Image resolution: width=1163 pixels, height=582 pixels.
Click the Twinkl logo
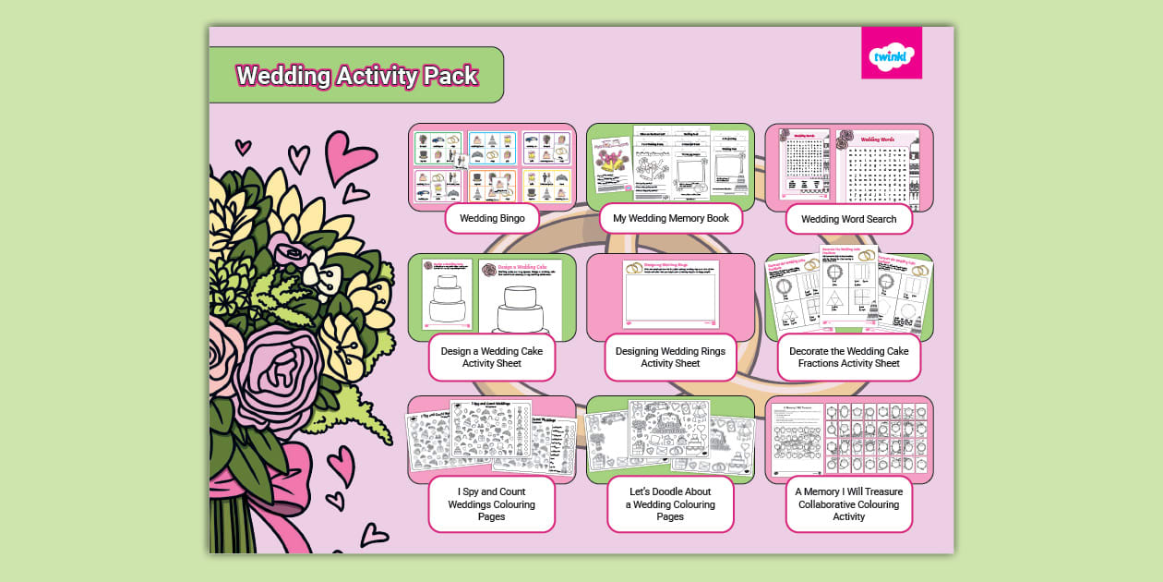coord(891,54)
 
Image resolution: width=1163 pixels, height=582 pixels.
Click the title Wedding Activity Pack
coord(357,76)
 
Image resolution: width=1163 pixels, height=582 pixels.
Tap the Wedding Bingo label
coord(492,219)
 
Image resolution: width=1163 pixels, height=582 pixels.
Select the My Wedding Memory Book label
coord(671,219)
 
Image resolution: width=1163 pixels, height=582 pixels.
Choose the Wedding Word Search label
coord(849,220)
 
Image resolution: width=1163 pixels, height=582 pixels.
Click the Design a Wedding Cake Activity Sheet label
coord(492,358)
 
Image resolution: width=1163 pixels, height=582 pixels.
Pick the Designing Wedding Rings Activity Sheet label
coord(671,358)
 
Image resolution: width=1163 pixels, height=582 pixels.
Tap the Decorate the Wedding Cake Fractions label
coord(849,358)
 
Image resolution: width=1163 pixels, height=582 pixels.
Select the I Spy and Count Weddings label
coord(492,504)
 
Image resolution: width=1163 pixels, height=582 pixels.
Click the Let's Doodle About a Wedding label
coord(671,504)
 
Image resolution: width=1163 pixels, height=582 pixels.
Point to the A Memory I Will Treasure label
coord(849,504)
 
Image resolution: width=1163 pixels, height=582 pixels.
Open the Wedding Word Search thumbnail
coord(849,164)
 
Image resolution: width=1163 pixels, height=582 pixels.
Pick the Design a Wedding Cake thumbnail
coord(492,296)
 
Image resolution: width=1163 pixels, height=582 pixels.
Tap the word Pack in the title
coord(450,76)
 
